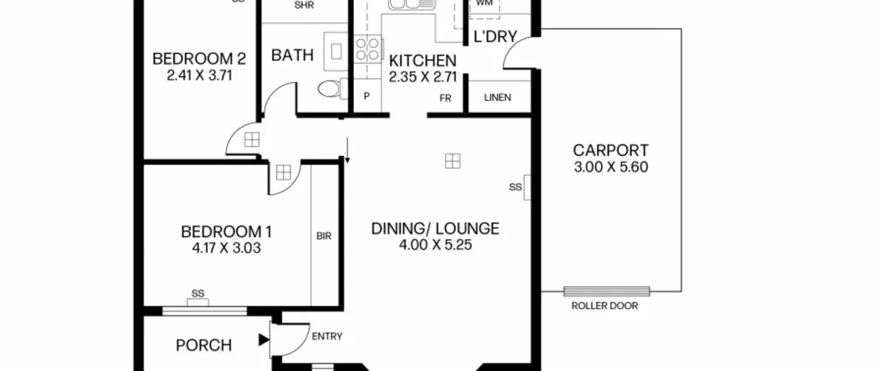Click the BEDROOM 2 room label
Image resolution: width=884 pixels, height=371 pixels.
pos(199,59)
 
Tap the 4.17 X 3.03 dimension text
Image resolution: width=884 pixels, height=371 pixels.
pos(226,248)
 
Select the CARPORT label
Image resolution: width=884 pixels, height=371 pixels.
pos(611,150)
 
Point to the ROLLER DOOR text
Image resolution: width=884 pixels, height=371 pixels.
pos(604,306)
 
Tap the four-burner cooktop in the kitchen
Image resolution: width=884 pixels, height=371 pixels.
pos(367,49)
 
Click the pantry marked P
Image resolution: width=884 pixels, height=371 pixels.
pos(367,96)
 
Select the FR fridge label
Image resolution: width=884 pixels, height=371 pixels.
pos(445,99)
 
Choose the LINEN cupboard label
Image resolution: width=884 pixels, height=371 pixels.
pos(497,98)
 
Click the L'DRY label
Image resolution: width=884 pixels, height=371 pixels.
pos(495,36)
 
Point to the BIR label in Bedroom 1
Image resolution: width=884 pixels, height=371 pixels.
pos(324,236)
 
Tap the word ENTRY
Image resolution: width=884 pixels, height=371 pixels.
pos(327,336)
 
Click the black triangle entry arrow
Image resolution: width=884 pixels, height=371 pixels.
pos(263,340)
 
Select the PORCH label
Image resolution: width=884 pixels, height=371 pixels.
pos(204,345)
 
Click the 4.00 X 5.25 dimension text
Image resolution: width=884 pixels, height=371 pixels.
pos(435,245)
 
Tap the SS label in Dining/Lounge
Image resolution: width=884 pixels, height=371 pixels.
pos(515,187)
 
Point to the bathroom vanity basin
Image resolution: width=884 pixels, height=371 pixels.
pos(336,52)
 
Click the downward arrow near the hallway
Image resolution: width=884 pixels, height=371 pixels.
pos(347,150)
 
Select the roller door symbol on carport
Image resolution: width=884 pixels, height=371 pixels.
pos(606,291)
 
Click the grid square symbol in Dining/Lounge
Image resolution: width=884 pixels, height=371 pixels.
pos(453,161)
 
